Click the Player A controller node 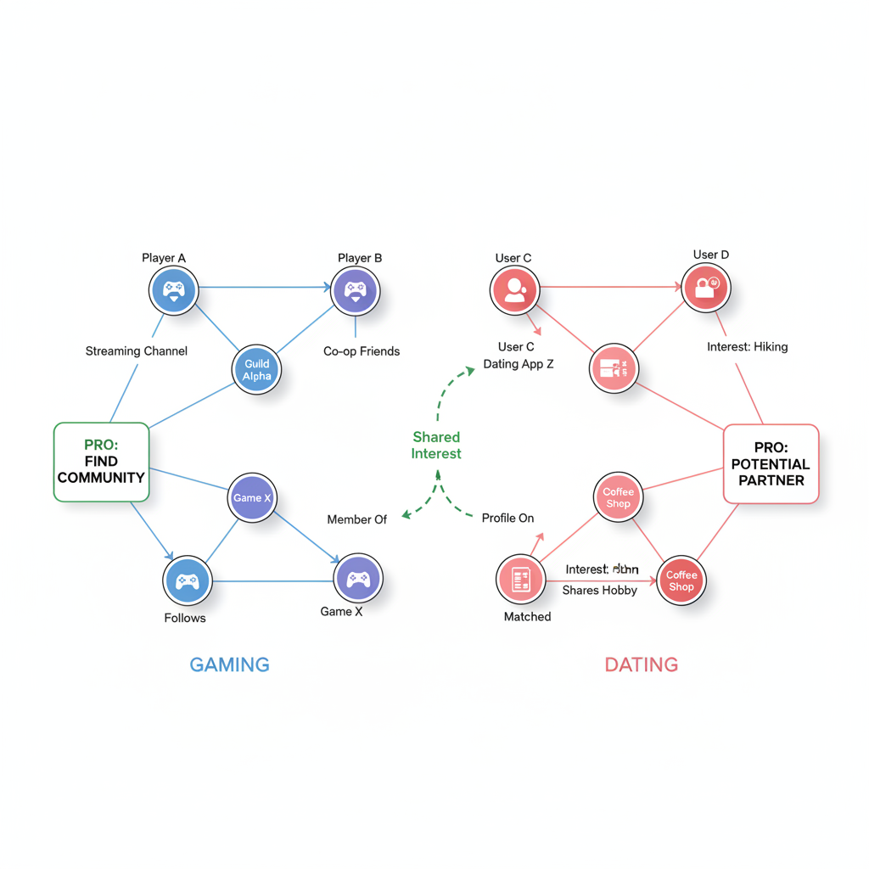(x=174, y=290)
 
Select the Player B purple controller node (x=355, y=290)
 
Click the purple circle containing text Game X (x=252, y=498)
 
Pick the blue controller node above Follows (x=187, y=580)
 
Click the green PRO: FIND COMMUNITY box (x=102, y=462)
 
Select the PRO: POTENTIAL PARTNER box (x=771, y=464)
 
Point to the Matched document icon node (x=520, y=579)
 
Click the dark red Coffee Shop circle (x=681, y=580)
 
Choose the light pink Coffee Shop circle (x=618, y=497)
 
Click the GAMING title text (x=229, y=664)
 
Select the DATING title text (x=641, y=664)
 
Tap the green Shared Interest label (x=436, y=446)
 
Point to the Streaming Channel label (x=136, y=351)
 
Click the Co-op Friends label (x=362, y=351)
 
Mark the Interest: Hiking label (x=747, y=346)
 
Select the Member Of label (x=356, y=519)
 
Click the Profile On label (x=507, y=518)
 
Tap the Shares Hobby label (x=599, y=590)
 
